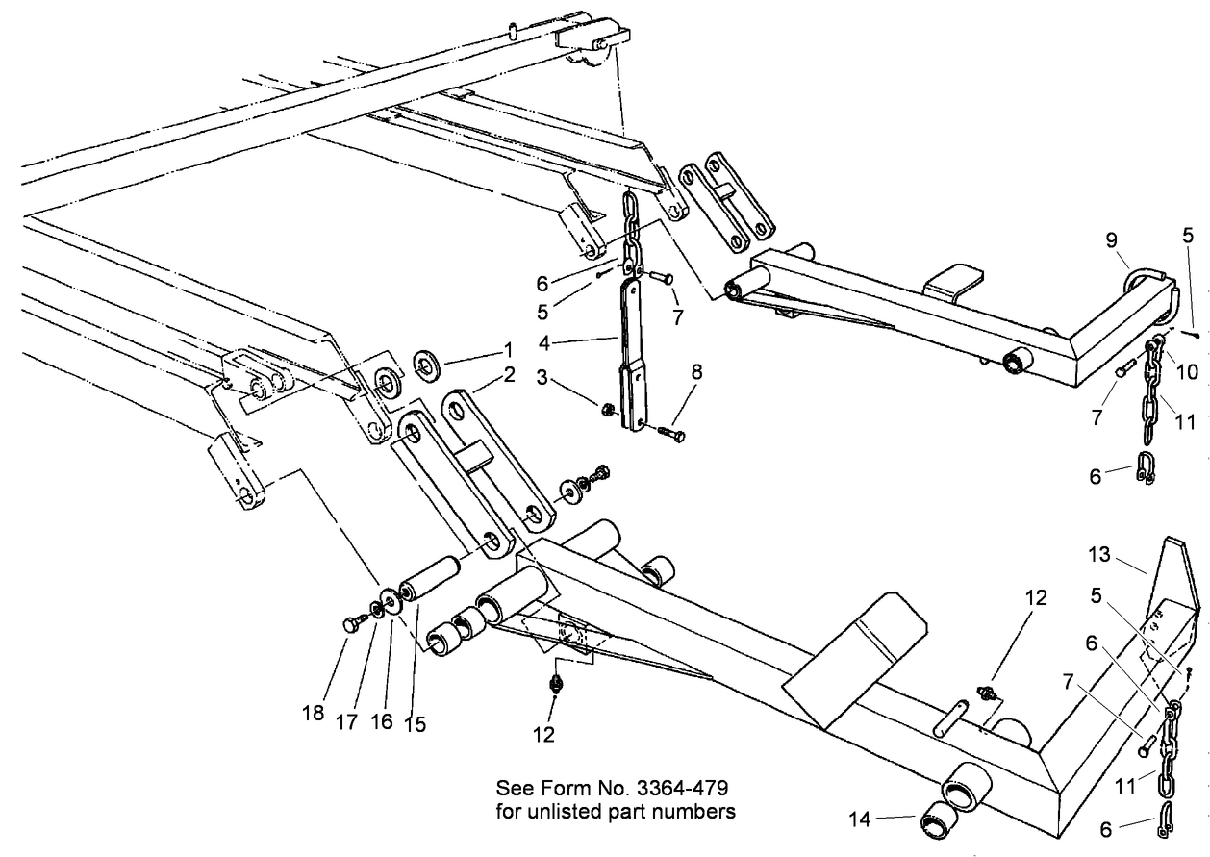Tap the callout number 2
click(x=509, y=374)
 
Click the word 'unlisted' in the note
click(x=585, y=811)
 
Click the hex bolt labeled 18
click(x=352, y=624)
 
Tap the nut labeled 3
click(x=608, y=409)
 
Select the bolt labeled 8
click(x=670, y=435)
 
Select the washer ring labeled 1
click(x=425, y=365)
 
